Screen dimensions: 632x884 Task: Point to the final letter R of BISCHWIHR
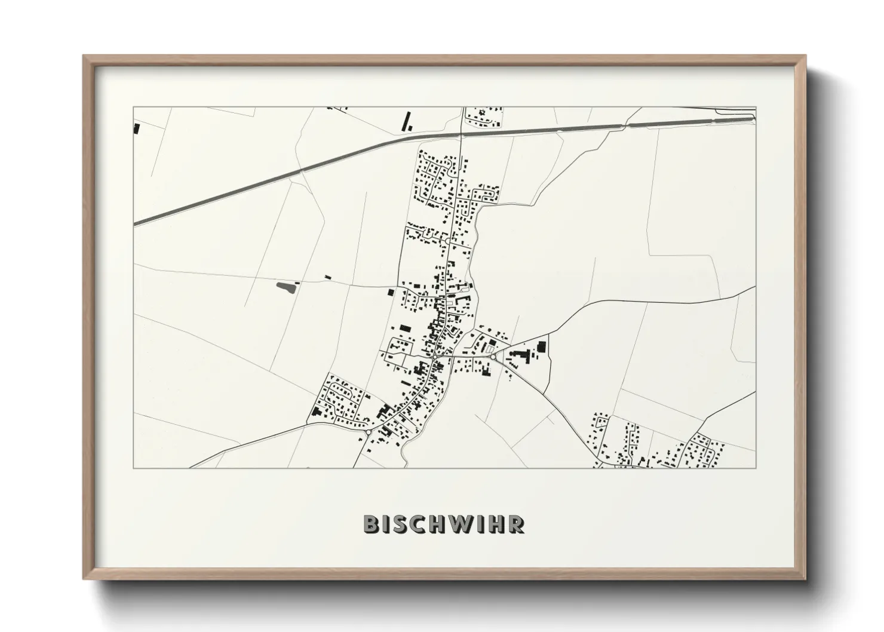517,524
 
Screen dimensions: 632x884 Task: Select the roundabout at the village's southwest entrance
369,432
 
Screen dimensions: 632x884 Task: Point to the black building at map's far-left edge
136,128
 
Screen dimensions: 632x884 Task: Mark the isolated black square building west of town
391,292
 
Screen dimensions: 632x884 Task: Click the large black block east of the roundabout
542,346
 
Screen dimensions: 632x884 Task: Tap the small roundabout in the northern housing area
448,241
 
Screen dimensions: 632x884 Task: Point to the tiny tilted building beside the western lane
327,277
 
